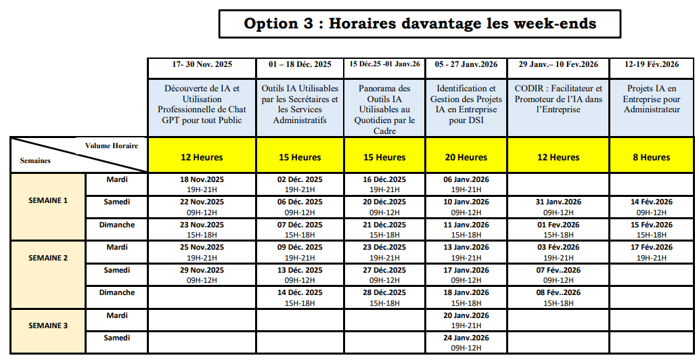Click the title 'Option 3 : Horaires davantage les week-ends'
coord(420,24)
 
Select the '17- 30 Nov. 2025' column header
coord(202,65)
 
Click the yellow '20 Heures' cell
coord(466,157)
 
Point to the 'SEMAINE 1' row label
coord(48,200)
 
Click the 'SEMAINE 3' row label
coord(48,325)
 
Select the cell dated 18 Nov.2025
coord(202,185)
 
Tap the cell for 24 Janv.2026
coord(466,342)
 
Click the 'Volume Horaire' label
coord(112,145)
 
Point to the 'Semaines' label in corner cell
coord(35,161)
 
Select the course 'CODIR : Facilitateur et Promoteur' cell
coord(558,99)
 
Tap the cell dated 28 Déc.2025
coord(384,298)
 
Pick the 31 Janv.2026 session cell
coord(558,206)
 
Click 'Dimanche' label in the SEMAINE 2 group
coord(117,292)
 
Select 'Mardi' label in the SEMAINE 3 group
coord(117,315)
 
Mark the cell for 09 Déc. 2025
coord(300,252)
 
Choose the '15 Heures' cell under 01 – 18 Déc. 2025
coord(300,157)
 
